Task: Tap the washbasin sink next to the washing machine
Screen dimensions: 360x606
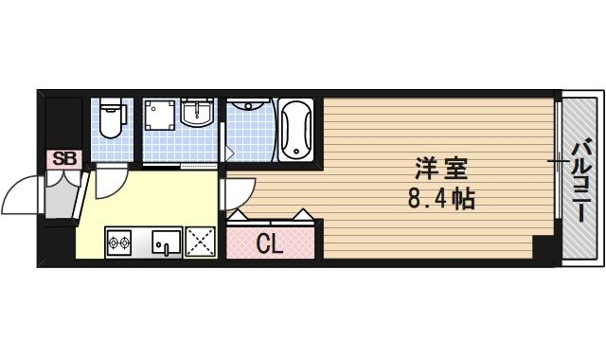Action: click(198, 115)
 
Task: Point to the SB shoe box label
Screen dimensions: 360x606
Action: click(64, 158)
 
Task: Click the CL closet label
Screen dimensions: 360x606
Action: click(271, 243)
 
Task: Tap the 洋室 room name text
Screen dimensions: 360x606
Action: click(441, 171)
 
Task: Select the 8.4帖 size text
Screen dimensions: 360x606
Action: click(441, 200)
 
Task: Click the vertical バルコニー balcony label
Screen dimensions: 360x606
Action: click(581, 179)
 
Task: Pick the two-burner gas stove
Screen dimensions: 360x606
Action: click(118, 244)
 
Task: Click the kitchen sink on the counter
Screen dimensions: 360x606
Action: click(165, 244)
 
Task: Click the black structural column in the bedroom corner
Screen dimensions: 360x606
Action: click(543, 248)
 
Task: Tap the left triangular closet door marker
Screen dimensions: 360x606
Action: click(239, 215)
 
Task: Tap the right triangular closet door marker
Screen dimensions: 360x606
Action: click(303, 215)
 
